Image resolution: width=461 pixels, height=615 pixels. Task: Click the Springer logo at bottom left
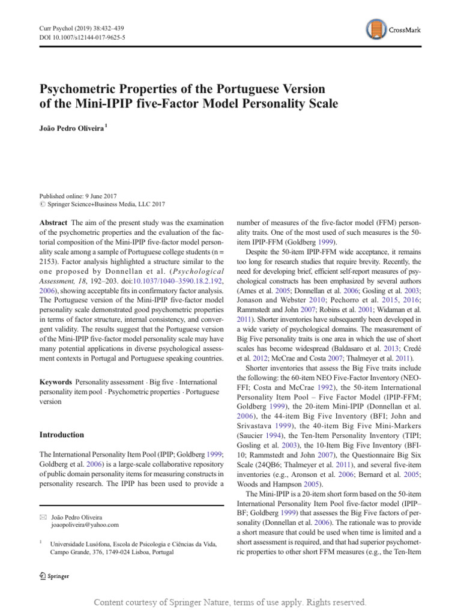pyautogui.click(x=54, y=576)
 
